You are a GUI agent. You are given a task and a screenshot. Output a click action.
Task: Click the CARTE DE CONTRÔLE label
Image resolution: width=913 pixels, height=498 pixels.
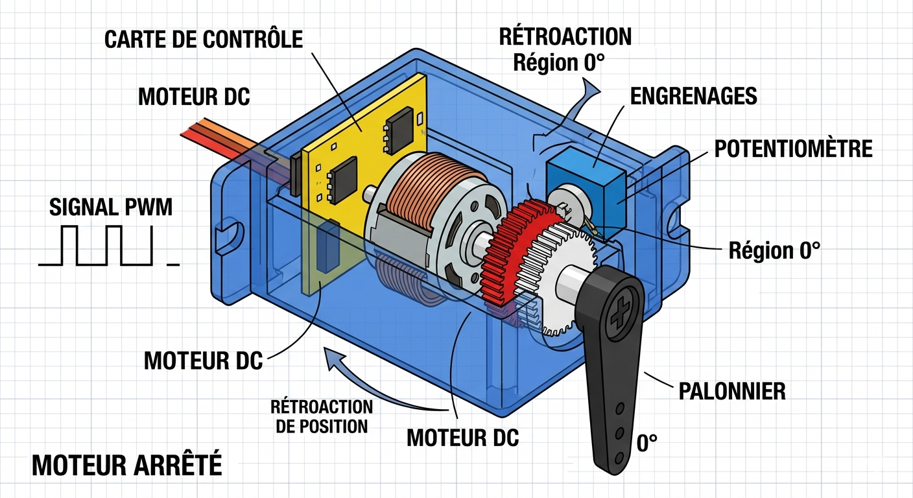pyautogui.click(x=204, y=39)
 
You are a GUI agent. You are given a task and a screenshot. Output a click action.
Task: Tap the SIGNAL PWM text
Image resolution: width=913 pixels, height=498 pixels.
pyautogui.click(x=111, y=207)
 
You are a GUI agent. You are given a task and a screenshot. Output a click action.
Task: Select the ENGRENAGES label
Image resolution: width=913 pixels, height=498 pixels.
pyautogui.click(x=693, y=96)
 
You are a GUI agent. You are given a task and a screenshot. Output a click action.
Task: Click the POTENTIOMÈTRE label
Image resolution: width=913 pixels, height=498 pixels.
pyautogui.click(x=793, y=148)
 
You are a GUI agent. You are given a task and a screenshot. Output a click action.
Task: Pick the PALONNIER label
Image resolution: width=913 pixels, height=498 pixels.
pyautogui.click(x=731, y=391)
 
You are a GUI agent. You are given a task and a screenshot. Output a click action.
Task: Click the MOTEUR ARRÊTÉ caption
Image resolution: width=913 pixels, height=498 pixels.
pyautogui.click(x=127, y=465)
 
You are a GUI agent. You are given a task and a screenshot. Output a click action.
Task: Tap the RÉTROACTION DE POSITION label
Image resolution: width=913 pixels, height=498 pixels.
pyautogui.click(x=322, y=416)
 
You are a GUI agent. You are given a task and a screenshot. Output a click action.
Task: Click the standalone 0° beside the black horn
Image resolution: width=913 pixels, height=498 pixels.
pyautogui.click(x=646, y=444)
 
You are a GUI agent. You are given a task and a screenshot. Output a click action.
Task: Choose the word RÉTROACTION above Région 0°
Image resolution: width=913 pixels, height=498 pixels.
pyautogui.click(x=565, y=36)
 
